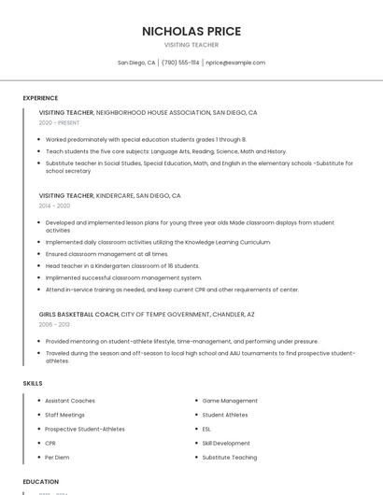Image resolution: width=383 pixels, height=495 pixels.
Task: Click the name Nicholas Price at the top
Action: pos(191,31)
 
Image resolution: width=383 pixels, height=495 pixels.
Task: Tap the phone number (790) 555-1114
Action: pos(180,63)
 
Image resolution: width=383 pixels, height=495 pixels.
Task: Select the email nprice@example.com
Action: pos(235,63)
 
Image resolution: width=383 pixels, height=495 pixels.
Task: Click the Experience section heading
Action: pos(40,98)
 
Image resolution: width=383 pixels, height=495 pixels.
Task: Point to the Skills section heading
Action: pos(33,384)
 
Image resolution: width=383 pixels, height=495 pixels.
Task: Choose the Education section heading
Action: pos(40,482)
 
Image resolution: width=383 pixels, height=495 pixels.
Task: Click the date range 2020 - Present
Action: pos(59,122)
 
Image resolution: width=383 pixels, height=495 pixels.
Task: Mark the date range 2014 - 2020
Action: pos(54,205)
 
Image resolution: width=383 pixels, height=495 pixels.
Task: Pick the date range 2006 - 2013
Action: pos(54,324)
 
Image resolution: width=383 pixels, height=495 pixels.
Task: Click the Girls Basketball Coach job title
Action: pos(78,315)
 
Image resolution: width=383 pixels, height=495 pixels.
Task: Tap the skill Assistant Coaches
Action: pos(70,401)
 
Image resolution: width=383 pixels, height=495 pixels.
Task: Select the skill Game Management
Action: pos(230,401)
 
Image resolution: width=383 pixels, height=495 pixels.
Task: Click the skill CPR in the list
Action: pos(50,443)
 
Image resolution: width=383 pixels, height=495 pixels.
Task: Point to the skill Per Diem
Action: pos(57,458)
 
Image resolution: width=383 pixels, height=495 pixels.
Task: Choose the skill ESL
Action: pos(206,429)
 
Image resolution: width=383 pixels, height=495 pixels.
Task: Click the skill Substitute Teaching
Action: pos(230,458)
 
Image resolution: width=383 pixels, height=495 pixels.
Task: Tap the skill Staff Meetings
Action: pos(64,415)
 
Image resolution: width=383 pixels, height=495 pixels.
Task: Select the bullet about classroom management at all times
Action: pos(107,254)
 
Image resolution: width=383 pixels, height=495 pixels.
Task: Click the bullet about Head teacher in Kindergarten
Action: pos(122,265)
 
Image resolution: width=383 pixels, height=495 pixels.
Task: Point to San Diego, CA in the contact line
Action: pos(136,63)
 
